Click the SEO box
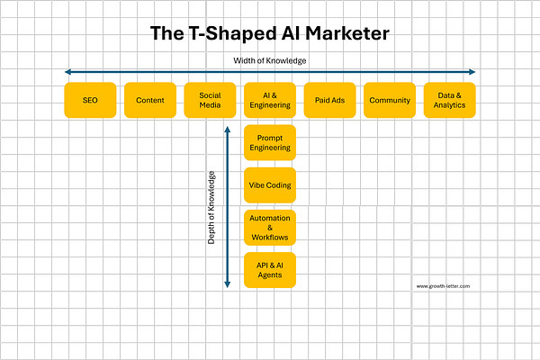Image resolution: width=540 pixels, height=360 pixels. [x=90, y=100]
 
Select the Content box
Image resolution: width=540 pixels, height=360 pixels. [x=149, y=100]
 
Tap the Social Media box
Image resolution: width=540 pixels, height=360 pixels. [x=210, y=100]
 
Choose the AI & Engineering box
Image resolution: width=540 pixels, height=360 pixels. [x=270, y=100]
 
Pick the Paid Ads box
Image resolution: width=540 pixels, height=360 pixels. [x=329, y=100]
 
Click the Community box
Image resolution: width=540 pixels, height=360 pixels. [x=389, y=100]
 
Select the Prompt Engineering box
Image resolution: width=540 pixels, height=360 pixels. [x=270, y=142]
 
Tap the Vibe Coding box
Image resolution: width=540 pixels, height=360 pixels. [x=270, y=185]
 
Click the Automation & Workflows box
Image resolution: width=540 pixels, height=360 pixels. [x=270, y=227]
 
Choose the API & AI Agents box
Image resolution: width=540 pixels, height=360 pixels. [x=270, y=269]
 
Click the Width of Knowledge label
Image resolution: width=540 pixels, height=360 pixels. [x=270, y=60]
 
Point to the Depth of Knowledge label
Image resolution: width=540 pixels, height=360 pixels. [x=211, y=208]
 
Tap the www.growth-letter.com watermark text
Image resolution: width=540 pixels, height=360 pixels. [x=443, y=286]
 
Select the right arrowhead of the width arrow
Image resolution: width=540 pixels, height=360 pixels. [x=472, y=72]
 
